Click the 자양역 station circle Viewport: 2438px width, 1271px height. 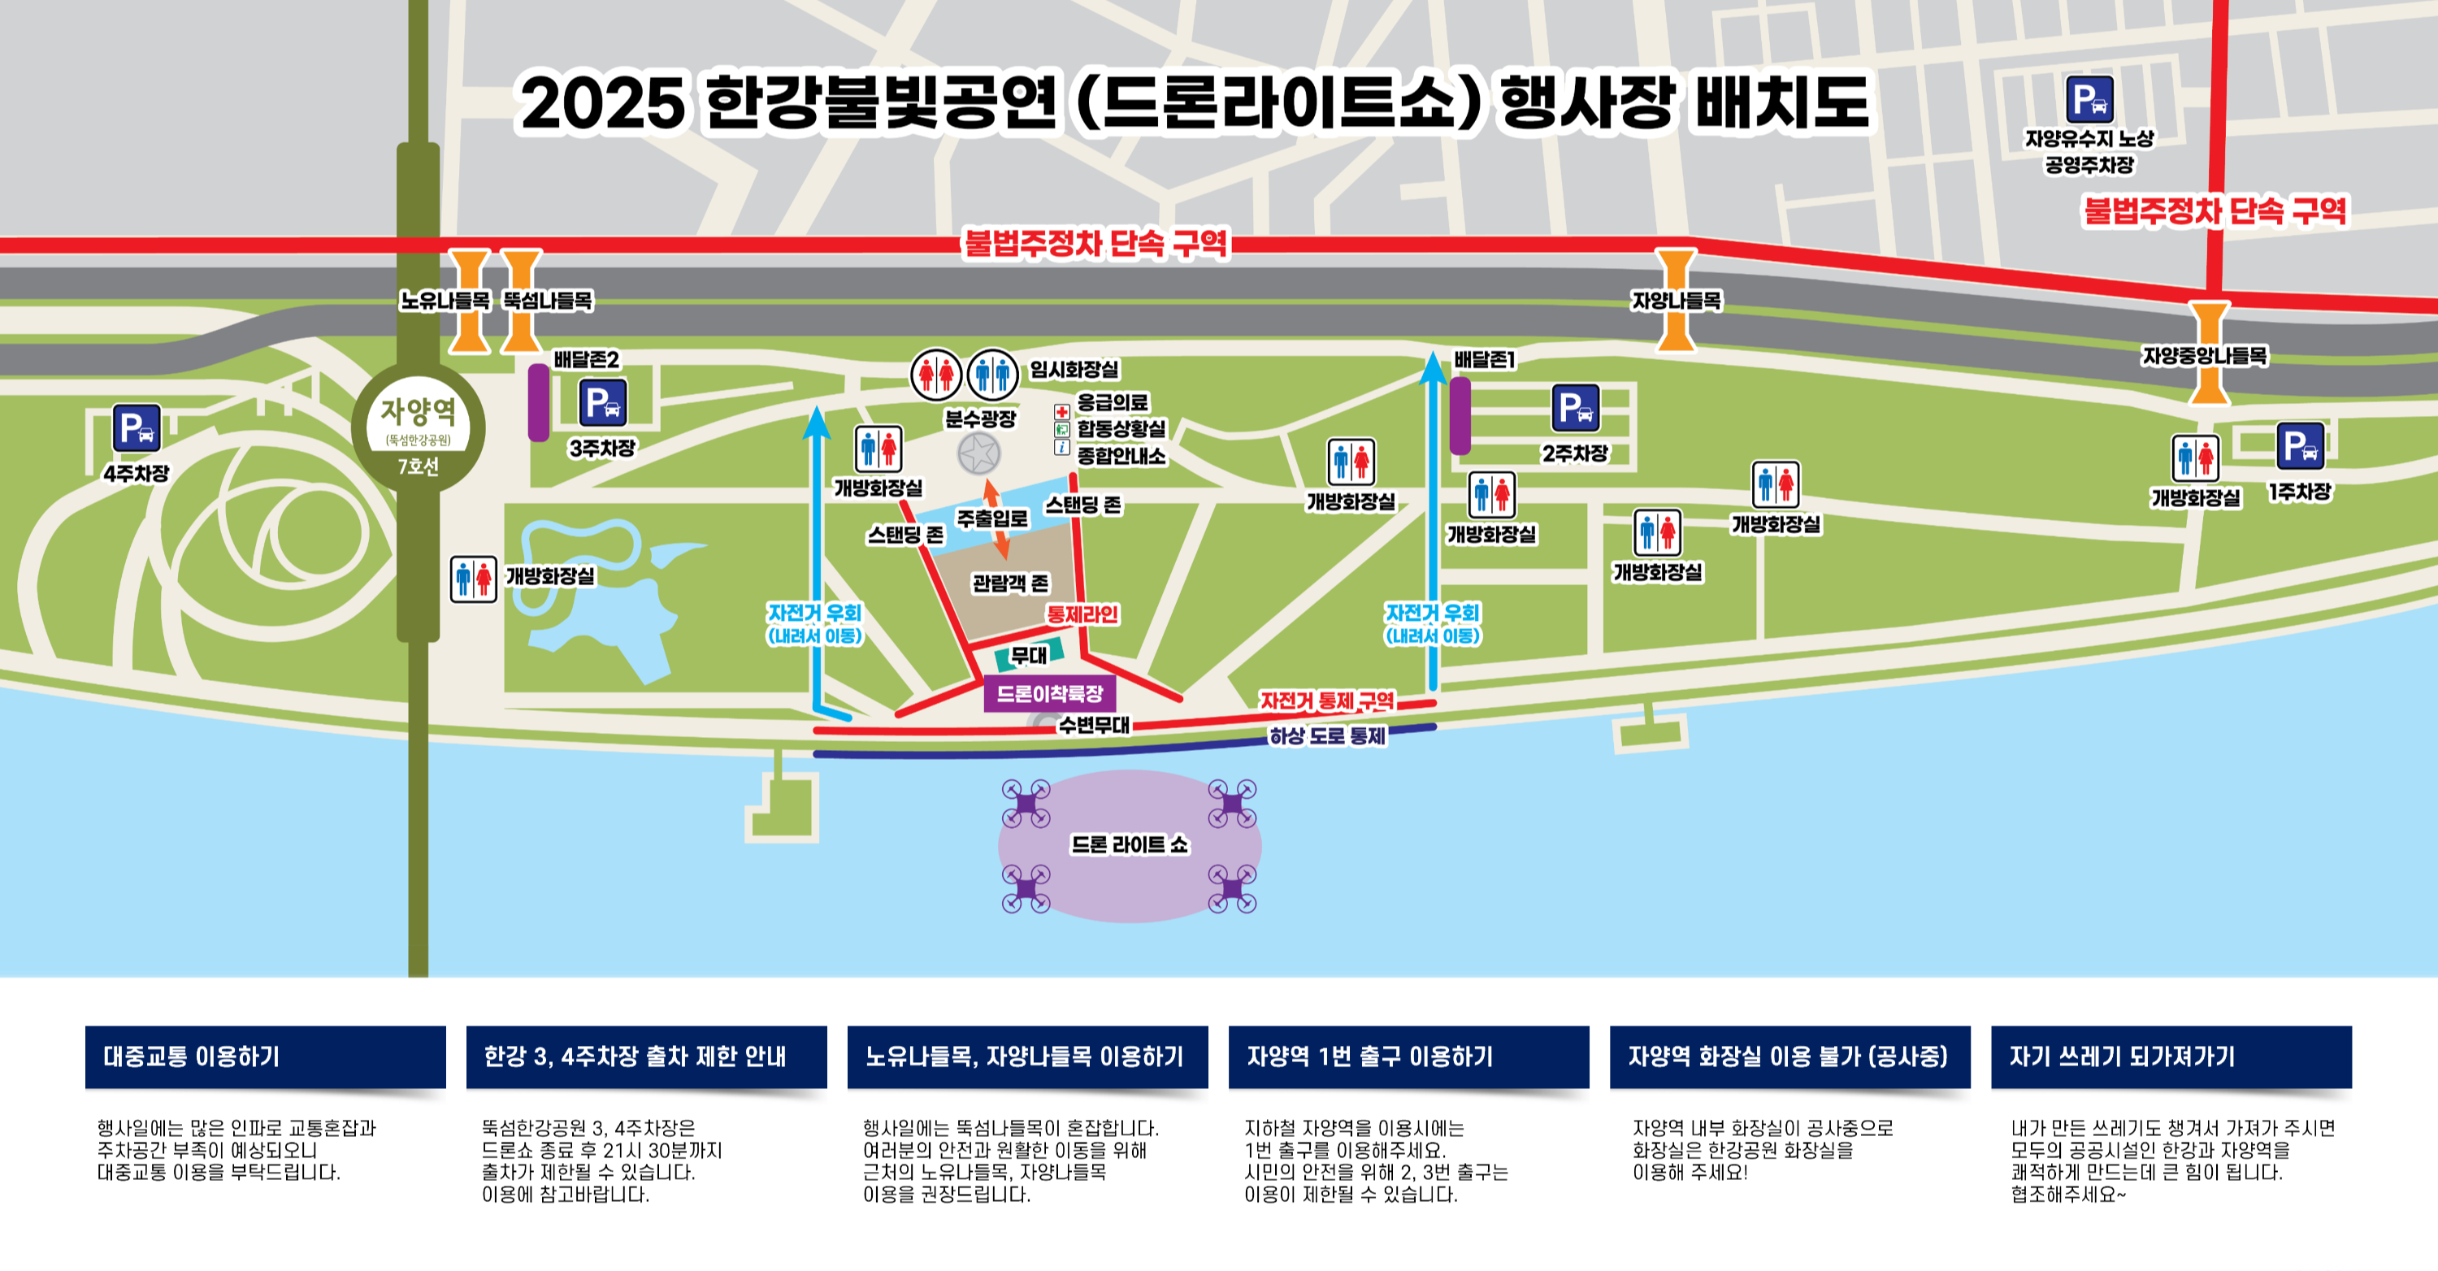[x=418, y=427]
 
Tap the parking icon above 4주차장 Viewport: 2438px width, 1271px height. [x=137, y=427]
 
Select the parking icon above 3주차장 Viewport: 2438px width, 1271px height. [x=603, y=403]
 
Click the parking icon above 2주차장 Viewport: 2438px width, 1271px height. [x=1576, y=408]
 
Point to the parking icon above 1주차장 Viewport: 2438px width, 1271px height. [x=2300, y=446]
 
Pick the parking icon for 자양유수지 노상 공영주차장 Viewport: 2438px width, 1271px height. [x=2089, y=98]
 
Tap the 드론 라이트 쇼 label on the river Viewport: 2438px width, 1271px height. [x=1129, y=844]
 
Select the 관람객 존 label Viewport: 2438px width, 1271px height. [x=1011, y=583]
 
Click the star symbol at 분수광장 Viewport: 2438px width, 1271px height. [x=978, y=454]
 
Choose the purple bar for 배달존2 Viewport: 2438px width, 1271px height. [x=539, y=402]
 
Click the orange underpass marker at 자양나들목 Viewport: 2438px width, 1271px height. [x=1675, y=299]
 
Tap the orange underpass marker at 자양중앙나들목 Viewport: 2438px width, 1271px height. [x=2209, y=352]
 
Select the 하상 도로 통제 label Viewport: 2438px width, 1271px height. [x=1327, y=735]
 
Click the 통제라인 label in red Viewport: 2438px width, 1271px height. [x=1082, y=614]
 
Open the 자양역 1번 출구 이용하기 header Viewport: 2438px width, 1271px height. [x=1408, y=1056]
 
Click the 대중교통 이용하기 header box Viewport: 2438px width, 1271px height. [x=265, y=1056]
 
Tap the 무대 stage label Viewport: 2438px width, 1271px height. [x=1029, y=655]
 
